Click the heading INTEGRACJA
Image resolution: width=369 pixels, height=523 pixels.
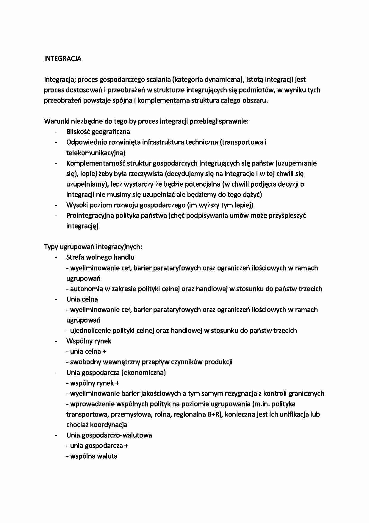[x=62, y=59]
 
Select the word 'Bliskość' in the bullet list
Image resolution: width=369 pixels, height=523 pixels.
[x=78, y=132]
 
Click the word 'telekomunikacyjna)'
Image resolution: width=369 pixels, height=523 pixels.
[x=96, y=153]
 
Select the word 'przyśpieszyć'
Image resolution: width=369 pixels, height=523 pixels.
[x=287, y=216]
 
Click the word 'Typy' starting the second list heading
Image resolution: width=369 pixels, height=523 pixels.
[x=51, y=247]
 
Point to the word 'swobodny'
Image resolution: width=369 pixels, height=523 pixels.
[x=85, y=362]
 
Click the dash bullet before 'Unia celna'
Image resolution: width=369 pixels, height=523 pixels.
[x=56, y=299]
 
